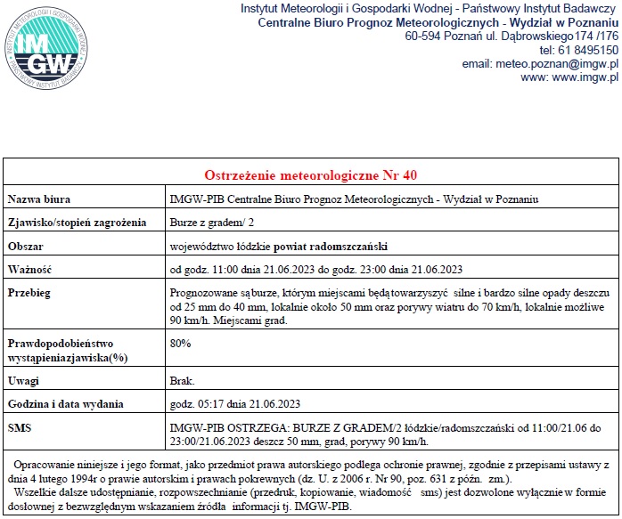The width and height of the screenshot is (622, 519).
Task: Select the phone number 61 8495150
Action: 587,50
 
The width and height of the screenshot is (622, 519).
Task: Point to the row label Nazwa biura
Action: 39,199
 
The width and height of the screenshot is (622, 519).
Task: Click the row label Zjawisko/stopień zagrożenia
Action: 76,222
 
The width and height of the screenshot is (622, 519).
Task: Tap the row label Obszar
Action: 26,246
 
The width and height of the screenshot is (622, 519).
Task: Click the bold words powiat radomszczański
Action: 330,246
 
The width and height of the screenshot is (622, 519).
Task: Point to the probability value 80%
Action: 180,343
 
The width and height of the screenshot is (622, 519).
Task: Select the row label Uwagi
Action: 23,381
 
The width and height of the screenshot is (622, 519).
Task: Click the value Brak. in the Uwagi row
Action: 182,381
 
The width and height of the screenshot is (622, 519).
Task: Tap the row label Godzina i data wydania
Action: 65,404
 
